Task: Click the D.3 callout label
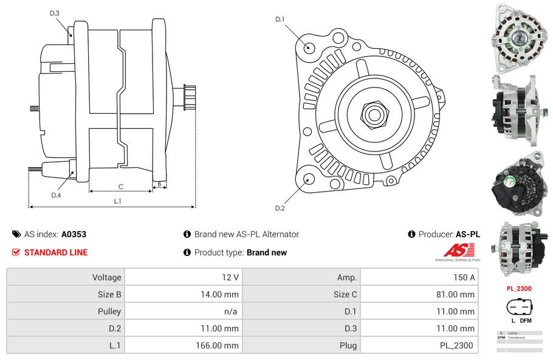[x=55, y=13]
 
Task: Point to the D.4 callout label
[x=56, y=195]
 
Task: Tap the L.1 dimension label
[x=117, y=201]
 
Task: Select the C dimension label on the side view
[x=121, y=187]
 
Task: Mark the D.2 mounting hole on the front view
[x=308, y=178]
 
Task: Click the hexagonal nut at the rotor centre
[x=374, y=113]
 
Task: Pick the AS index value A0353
[x=74, y=234]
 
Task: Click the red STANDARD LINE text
[x=56, y=252]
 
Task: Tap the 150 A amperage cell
[x=465, y=277]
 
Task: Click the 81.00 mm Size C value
[x=458, y=294]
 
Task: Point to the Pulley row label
[x=109, y=311]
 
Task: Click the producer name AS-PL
[x=467, y=234]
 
